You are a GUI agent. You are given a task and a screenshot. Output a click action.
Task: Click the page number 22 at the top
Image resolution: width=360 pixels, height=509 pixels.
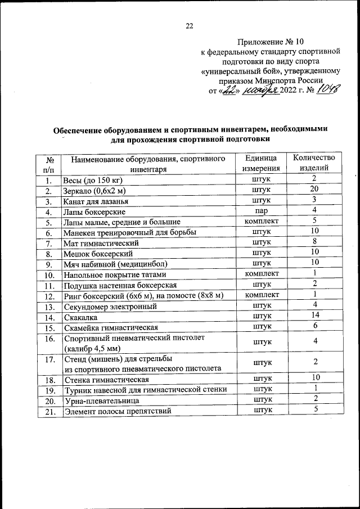coord(189,25)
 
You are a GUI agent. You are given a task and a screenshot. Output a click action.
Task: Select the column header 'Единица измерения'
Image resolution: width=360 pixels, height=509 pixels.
coord(261,163)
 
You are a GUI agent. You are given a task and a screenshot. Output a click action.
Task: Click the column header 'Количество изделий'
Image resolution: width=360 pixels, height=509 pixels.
coord(314,163)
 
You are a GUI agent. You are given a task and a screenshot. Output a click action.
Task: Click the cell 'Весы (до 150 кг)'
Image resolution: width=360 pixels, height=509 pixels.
coord(93,181)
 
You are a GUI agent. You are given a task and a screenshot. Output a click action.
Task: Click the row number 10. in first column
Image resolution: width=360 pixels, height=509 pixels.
coord(49,275)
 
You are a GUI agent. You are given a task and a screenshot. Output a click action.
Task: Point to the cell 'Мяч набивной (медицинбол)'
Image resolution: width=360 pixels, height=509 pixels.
coord(116,264)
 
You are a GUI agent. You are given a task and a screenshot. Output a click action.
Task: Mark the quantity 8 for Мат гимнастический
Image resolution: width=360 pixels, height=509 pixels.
coord(314,242)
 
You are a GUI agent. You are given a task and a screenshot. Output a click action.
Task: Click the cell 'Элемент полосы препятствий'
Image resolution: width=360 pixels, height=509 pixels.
coord(117,412)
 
